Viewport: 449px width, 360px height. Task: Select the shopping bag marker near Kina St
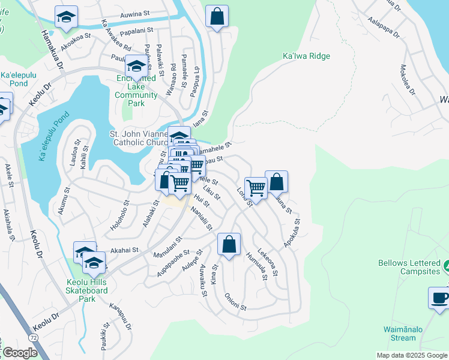229,245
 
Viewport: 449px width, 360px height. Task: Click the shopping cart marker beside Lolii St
256,188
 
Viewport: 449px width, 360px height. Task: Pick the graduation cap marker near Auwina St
66,17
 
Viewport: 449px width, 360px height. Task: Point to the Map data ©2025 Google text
412,355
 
